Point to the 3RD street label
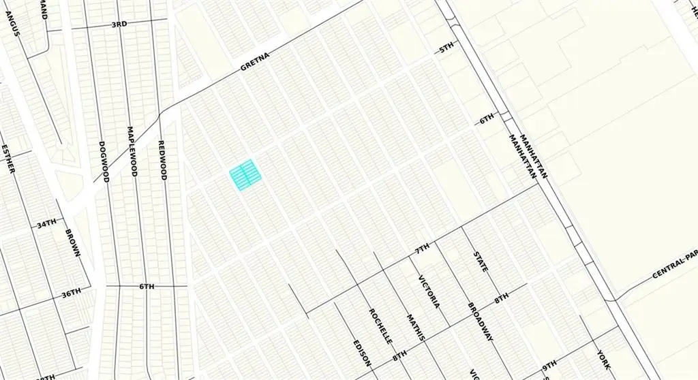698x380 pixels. coord(119,25)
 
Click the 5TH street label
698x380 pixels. coord(446,49)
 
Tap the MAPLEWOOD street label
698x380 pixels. coord(132,151)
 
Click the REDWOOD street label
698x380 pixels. coord(162,160)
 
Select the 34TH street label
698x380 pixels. coord(46,223)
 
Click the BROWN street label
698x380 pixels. coord(73,242)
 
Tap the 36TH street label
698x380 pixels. coord(71,293)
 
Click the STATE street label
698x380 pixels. coord(481,262)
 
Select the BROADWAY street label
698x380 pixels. coord(481,320)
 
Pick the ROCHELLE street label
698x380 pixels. coord(380,326)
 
